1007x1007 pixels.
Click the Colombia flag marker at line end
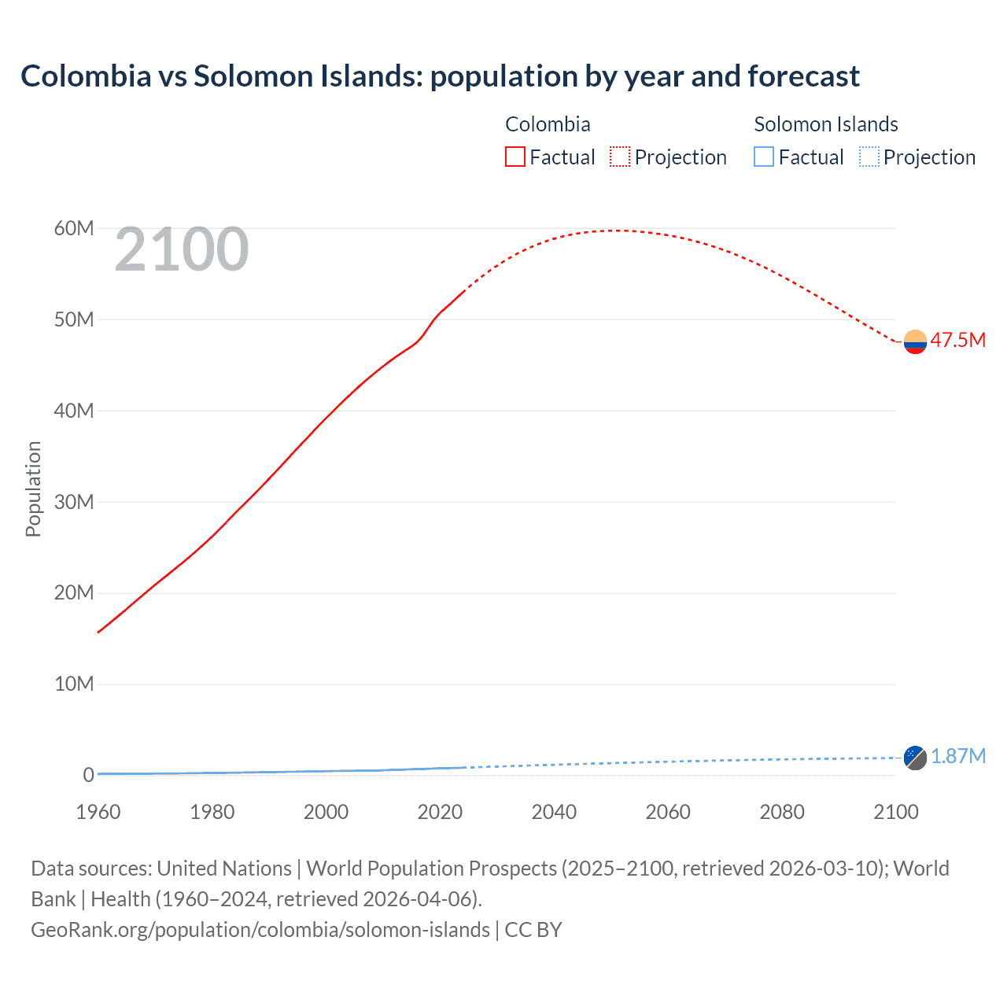[915, 341]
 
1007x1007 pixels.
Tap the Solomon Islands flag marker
[915, 758]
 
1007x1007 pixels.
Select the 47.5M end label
[957, 340]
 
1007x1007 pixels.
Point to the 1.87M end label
[958, 756]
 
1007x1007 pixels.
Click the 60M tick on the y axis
[74, 228]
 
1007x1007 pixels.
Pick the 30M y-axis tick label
[74, 502]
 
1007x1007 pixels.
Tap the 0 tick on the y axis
[88, 775]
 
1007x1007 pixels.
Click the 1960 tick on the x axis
[98, 811]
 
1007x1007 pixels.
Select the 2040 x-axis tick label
[554, 811]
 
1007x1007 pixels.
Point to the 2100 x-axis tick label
[895, 811]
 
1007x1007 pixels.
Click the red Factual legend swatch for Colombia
[515, 157]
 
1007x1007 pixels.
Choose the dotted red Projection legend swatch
[620, 157]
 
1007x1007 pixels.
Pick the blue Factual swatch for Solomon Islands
[764, 157]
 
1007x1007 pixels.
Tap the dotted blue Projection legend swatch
[869, 157]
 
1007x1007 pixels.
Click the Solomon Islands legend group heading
[825, 124]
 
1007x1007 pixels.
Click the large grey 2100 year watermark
[182, 250]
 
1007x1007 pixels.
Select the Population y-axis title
[33, 489]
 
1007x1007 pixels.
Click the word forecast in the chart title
[803, 76]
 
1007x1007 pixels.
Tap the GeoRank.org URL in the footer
[260, 930]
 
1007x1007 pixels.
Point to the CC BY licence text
[533, 930]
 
